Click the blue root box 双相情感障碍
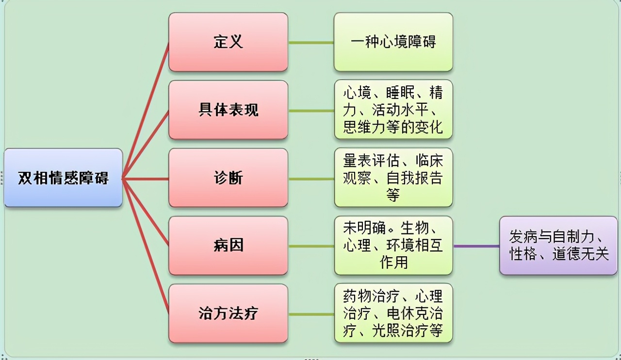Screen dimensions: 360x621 coord(63,178)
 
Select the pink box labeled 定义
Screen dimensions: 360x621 coord(228,42)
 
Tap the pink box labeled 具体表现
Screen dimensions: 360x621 coord(228,110)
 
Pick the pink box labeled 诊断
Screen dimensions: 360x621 coord(228,178)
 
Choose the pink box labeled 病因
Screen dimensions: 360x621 coord(228,246)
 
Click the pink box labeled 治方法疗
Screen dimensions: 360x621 coord(228,313)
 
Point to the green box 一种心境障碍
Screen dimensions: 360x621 coord(393,42)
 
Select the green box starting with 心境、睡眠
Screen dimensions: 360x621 coord(393,110)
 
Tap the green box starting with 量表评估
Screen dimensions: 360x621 coord(393,178)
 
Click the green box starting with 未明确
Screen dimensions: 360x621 coord(393,245)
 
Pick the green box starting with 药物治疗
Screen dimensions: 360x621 coord(393,313)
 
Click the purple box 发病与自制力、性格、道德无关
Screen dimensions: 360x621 coord(558,245)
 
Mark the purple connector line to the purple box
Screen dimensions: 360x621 coord(476,246)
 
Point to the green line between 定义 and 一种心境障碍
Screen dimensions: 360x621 coord(311,43)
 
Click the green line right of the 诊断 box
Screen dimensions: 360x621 coord(311,179)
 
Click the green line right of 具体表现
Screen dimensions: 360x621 coord(311,111)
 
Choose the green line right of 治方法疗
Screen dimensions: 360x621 coord(311,314)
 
